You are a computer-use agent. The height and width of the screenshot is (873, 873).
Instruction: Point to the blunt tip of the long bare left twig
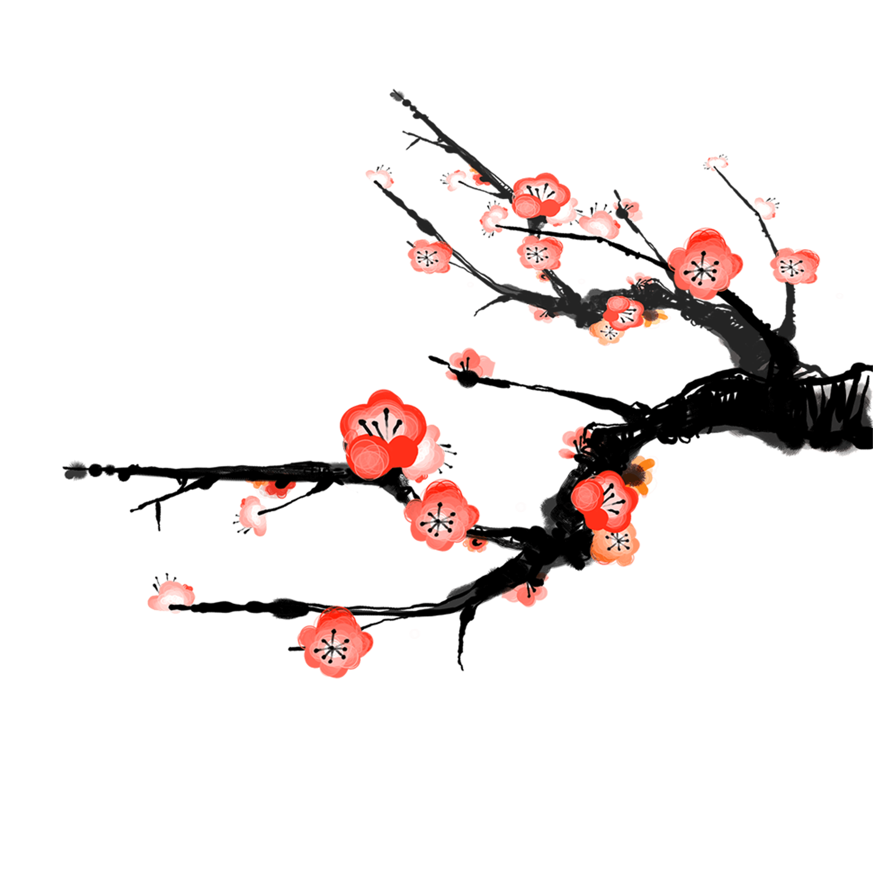(x=68, y=470)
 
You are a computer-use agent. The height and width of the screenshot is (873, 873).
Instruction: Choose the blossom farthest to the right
(x=795, y=266)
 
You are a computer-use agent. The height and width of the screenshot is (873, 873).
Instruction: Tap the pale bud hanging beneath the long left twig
(x=253, y=515)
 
